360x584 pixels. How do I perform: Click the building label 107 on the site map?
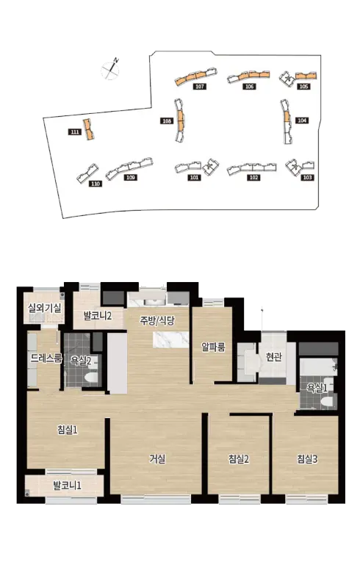click(200, 87)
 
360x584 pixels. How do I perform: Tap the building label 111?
click(75, 131)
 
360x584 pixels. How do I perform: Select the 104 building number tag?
click(302, 120)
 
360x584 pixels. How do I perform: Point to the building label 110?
click(96, 184)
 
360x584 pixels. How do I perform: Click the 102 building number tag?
click(253, 177)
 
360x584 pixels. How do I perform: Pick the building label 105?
click(303, 87)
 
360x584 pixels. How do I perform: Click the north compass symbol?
click(111, 69)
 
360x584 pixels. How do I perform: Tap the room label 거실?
click(157, 459)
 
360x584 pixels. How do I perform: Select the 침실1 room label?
click(68, 430)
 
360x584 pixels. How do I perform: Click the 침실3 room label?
click(307, 459)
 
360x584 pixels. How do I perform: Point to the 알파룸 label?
click(213, 347)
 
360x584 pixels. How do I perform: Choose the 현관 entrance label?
click(274, 357)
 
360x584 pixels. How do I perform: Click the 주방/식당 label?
click(157, 320)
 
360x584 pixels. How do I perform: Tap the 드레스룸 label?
click(46, 358)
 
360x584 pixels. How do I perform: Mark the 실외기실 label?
click(45, 308)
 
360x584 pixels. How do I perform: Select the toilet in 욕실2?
click(90, 378)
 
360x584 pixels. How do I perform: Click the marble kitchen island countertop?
click(171, 340)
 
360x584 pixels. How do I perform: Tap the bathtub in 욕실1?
click(319, 367)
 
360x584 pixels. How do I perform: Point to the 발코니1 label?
click(68, 486)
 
